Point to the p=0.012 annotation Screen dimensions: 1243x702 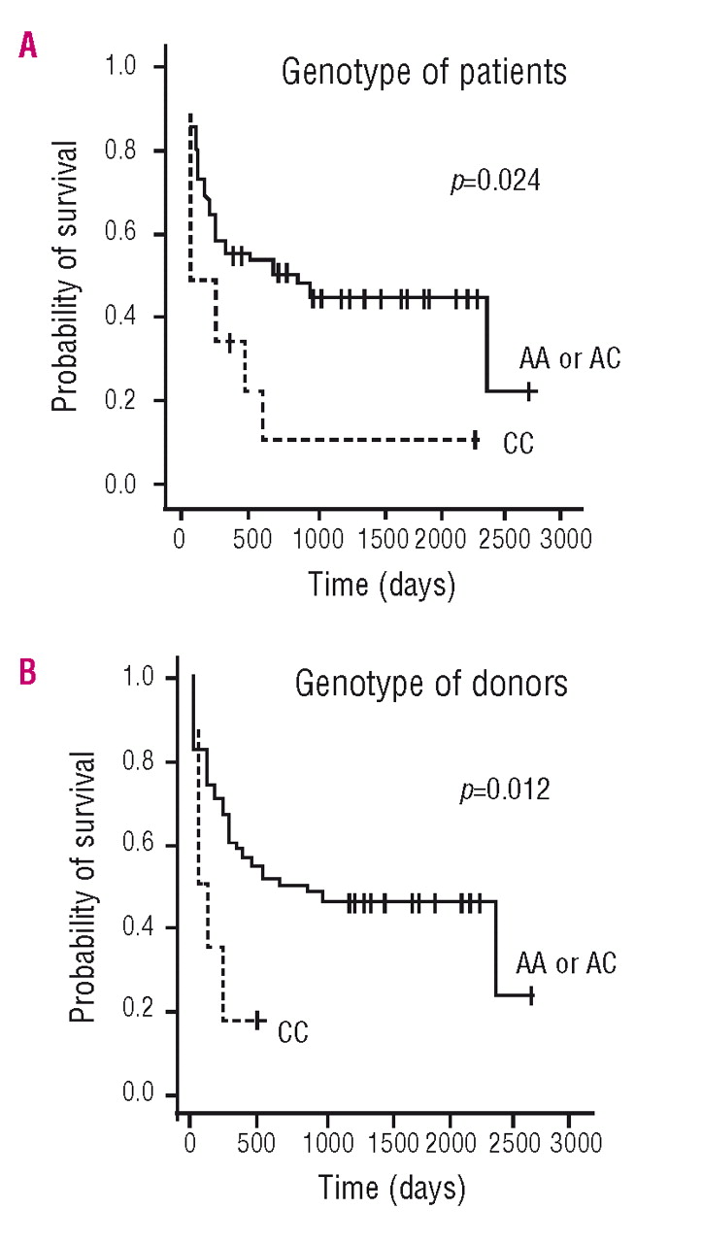pos(504,789)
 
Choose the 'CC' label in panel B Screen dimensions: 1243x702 pos(292,1031)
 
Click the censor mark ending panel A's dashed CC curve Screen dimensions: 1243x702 pos(475,440)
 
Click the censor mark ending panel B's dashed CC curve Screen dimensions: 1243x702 pos(258,1020)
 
